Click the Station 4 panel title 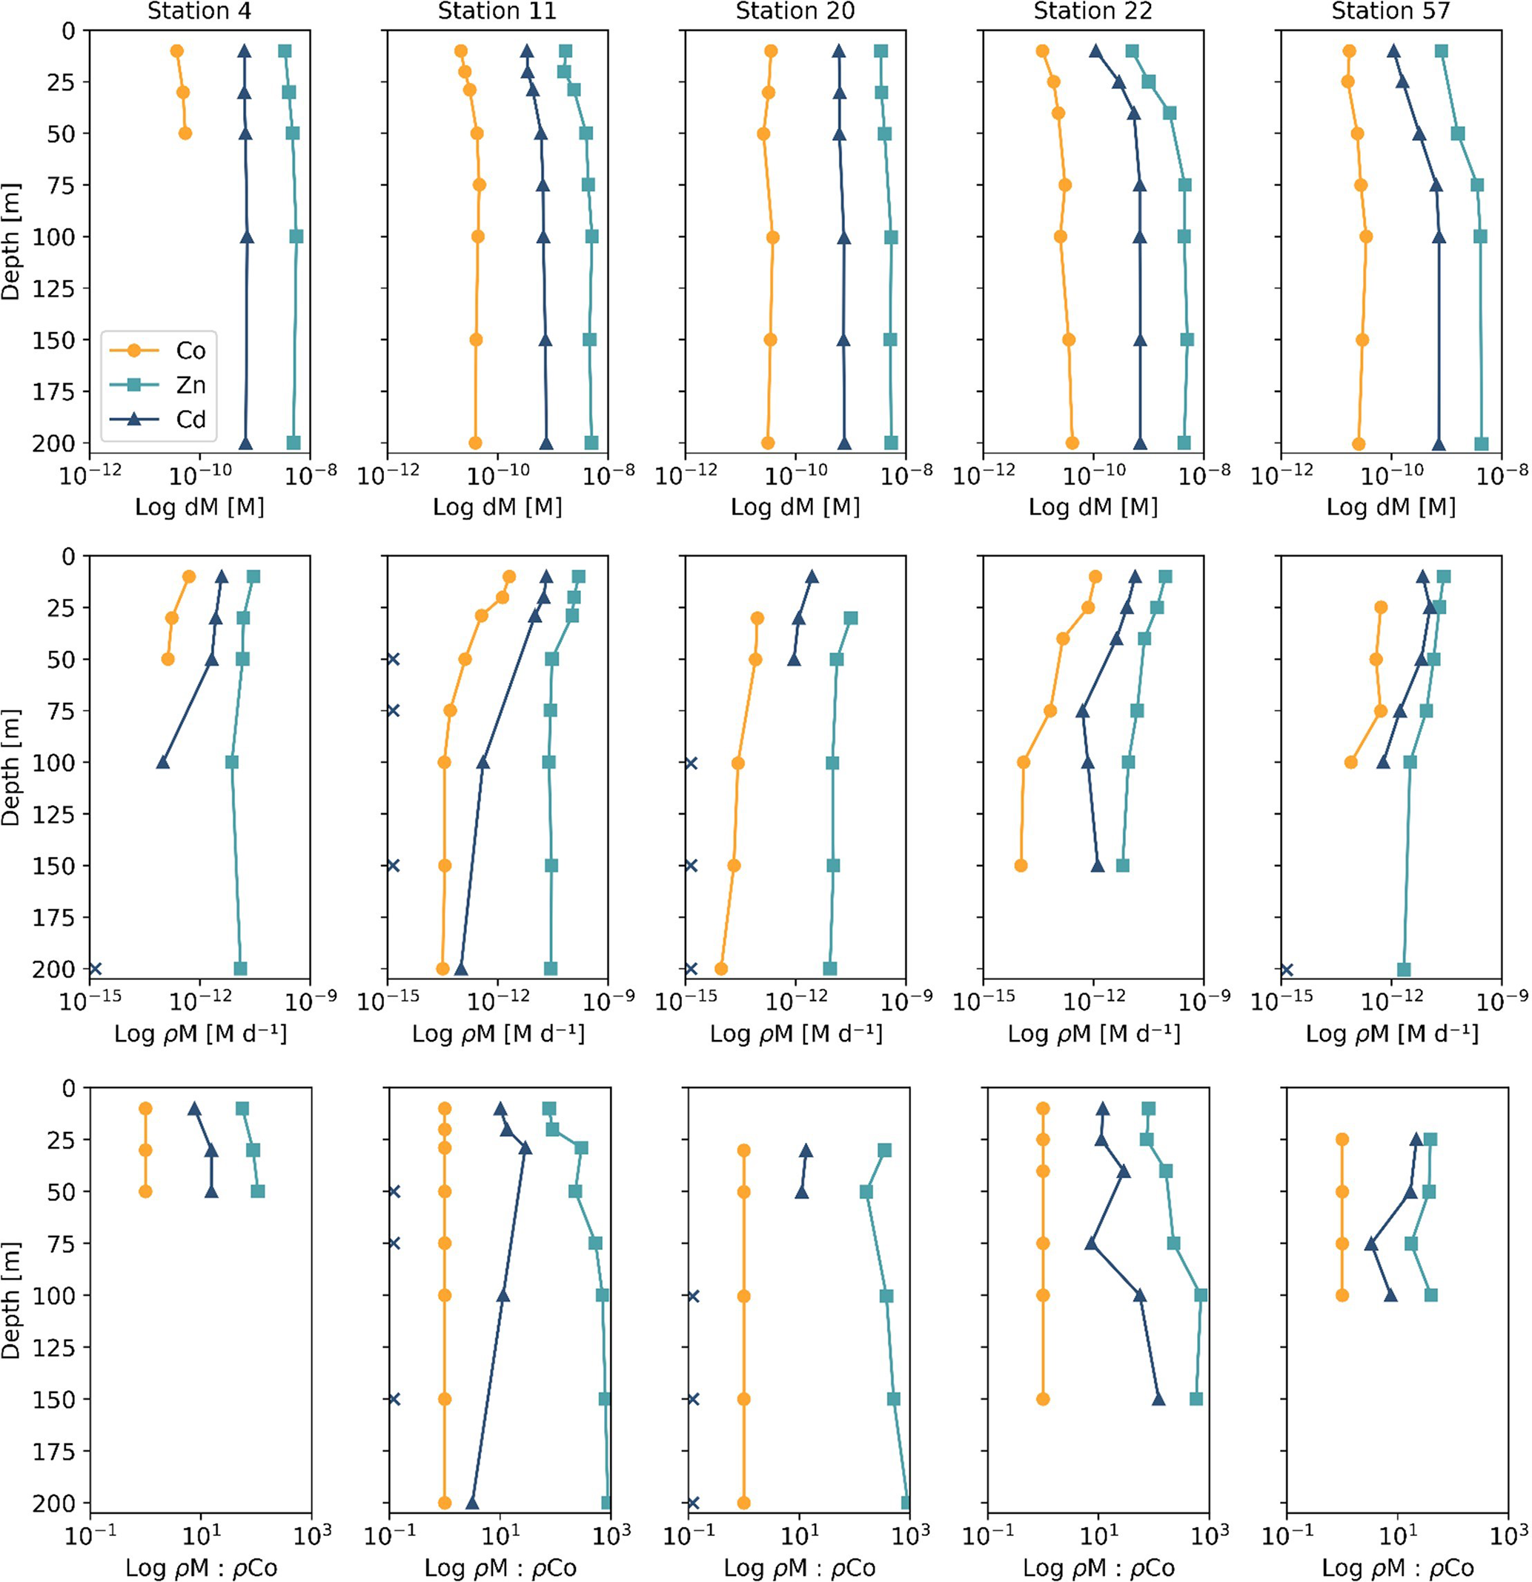(x=199, y=10)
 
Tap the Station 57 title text (x=1390, y=10)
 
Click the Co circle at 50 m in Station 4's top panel (x=185, y=133)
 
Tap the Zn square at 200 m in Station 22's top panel (x=1184, y=443)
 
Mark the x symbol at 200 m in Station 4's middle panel (x=96, y=969)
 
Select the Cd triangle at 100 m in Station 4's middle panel (x=163, y=762)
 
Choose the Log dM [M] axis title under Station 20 (x=795, y=507)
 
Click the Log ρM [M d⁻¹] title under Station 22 (x=1094, y=1033)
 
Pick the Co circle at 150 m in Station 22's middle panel (x=1021, y=865)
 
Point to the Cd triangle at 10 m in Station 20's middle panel (x=811, y=576)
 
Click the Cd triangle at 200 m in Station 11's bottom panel (x=472, y=1503)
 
